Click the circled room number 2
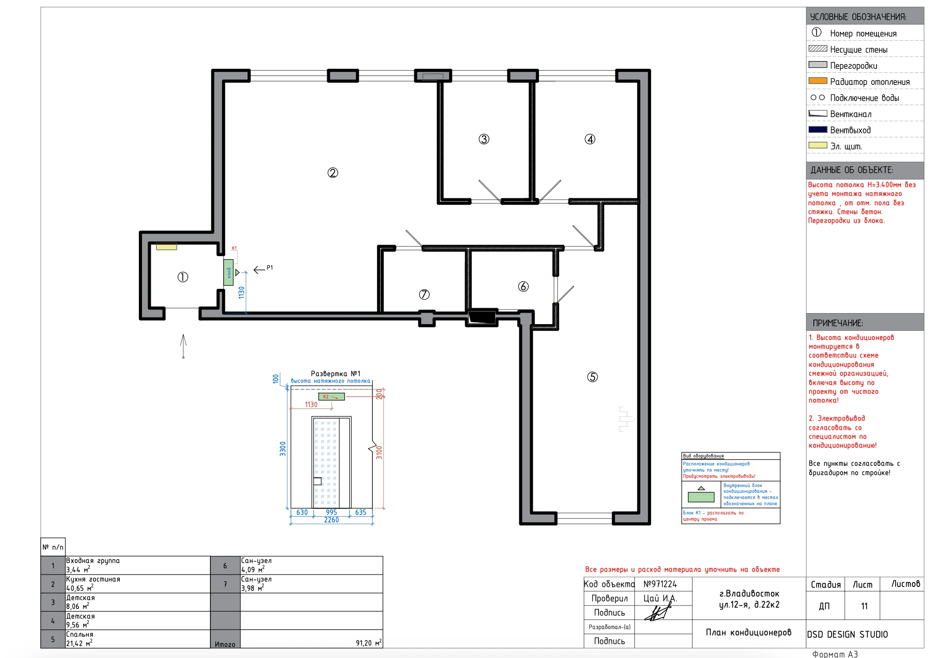coord(332,173)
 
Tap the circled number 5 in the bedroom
coord(592,377)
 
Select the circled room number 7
coord(424,295)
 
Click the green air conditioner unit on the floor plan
coord(228,272)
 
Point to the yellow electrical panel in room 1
coord(167,246)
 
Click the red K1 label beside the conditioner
coord(234,248)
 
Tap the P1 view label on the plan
coord(270,268)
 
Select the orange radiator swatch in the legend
coord(817,81)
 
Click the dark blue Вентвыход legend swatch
coord(817,129)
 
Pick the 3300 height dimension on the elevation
coord(283,449)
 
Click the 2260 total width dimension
coord(332,520)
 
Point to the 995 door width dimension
coord(331,512)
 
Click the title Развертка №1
coord(336,374)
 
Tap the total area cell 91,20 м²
coord(368,643)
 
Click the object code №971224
coord(660,584)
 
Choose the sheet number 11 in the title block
coord(864,606)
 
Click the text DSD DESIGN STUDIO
coord(847,635)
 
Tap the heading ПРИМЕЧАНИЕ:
coord(838,323)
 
